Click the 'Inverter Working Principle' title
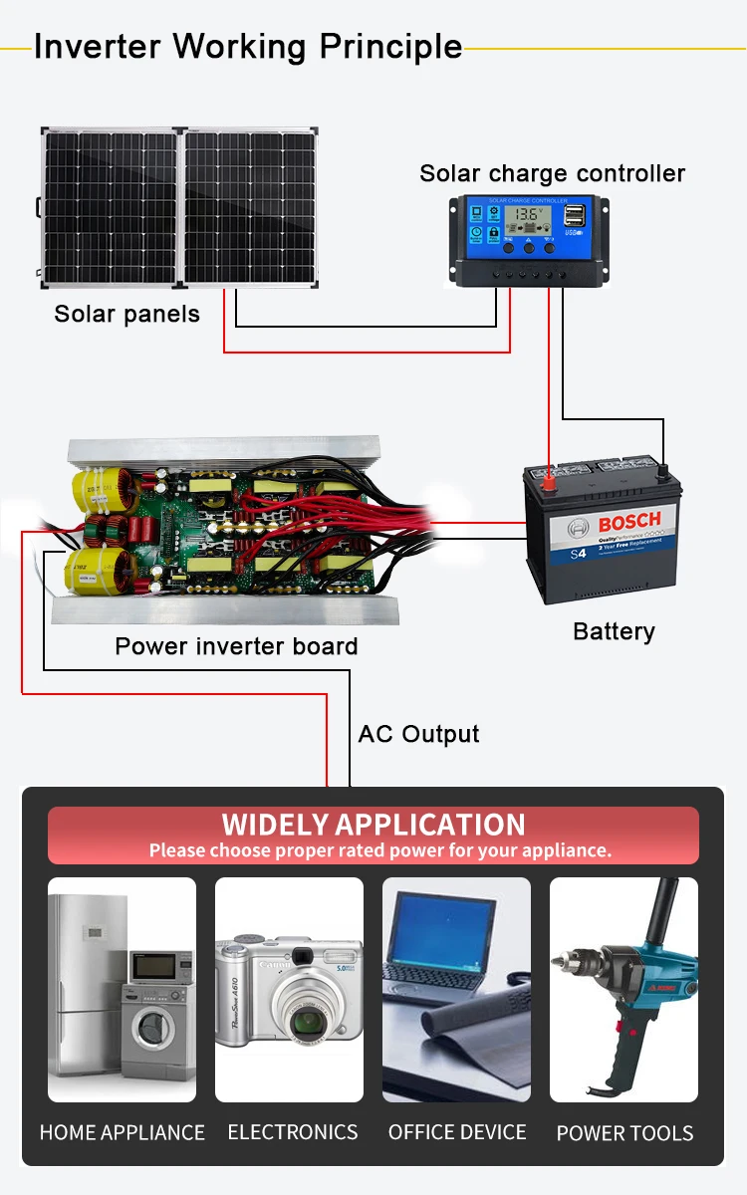tap(248, 47)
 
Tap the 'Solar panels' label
tap(126, 315)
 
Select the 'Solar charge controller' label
tap(552, 174)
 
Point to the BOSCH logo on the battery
tap(628, 521)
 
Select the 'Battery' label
tap(614, 631)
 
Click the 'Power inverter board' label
tap(236, 646)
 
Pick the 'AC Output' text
tap(418, 735)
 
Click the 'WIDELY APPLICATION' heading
tap(373, 825)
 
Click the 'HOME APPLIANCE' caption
tap(122, 1132)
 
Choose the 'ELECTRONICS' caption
tap(292, 1132)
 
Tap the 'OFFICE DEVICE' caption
tap(457, 1132)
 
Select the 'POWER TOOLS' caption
tap(624, 1133)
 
